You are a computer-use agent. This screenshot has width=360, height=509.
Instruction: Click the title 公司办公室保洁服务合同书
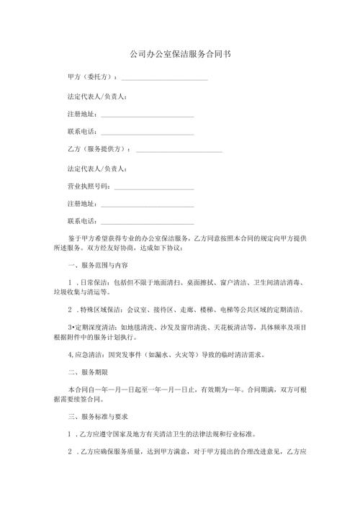(x=179, y=54)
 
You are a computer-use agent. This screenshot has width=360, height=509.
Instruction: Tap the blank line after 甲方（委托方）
(x=165, y=78)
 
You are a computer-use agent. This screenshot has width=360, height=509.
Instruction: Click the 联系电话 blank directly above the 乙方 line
(x=147, y=132)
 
